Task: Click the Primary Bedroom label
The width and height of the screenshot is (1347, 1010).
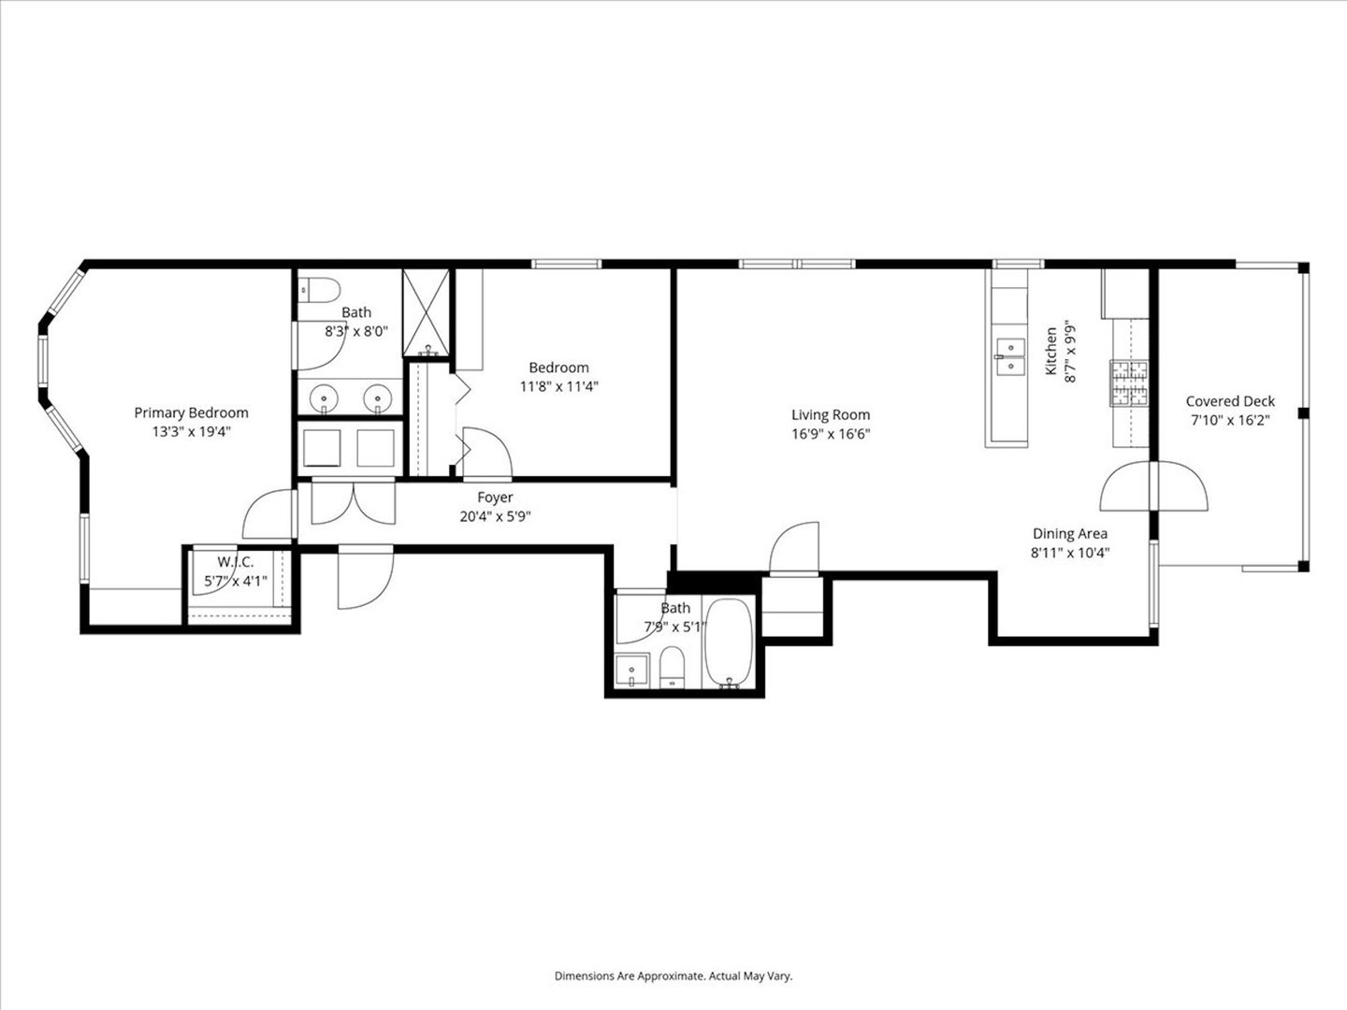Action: pyautogui.click(x=191, y=412)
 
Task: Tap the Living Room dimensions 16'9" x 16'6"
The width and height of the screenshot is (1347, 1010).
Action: pyautogui.click(x=831, y=433)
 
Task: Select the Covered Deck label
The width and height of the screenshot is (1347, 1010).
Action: pyautogui.click(x=1230, y=401)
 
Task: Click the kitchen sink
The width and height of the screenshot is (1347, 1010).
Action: pyautogui.click(x=1009, y=356)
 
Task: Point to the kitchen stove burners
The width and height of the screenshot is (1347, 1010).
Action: pyautogui.click(x=1129, y=382)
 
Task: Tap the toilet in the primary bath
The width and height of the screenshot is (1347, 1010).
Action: pyautogui.click(x=312, y=292)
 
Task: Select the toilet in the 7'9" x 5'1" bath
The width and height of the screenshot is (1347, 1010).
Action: pyautogui.click(x=673, y=669)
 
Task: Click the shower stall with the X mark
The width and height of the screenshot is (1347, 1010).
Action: pyautogui.click(x=427, y=312)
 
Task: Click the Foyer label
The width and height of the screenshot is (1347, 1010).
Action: pyautogui.click(x=495, y=498)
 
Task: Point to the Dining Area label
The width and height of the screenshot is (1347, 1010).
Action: pyautogui.click(x=1069, y=534)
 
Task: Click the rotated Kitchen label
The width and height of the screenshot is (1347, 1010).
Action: pyautogui.click(x=1051, y=352)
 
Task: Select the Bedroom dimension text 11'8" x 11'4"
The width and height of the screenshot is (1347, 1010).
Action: pyautogui.click(x=558, y=385)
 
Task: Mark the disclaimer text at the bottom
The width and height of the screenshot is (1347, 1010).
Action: pyautogui.click(x=673, y=975)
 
